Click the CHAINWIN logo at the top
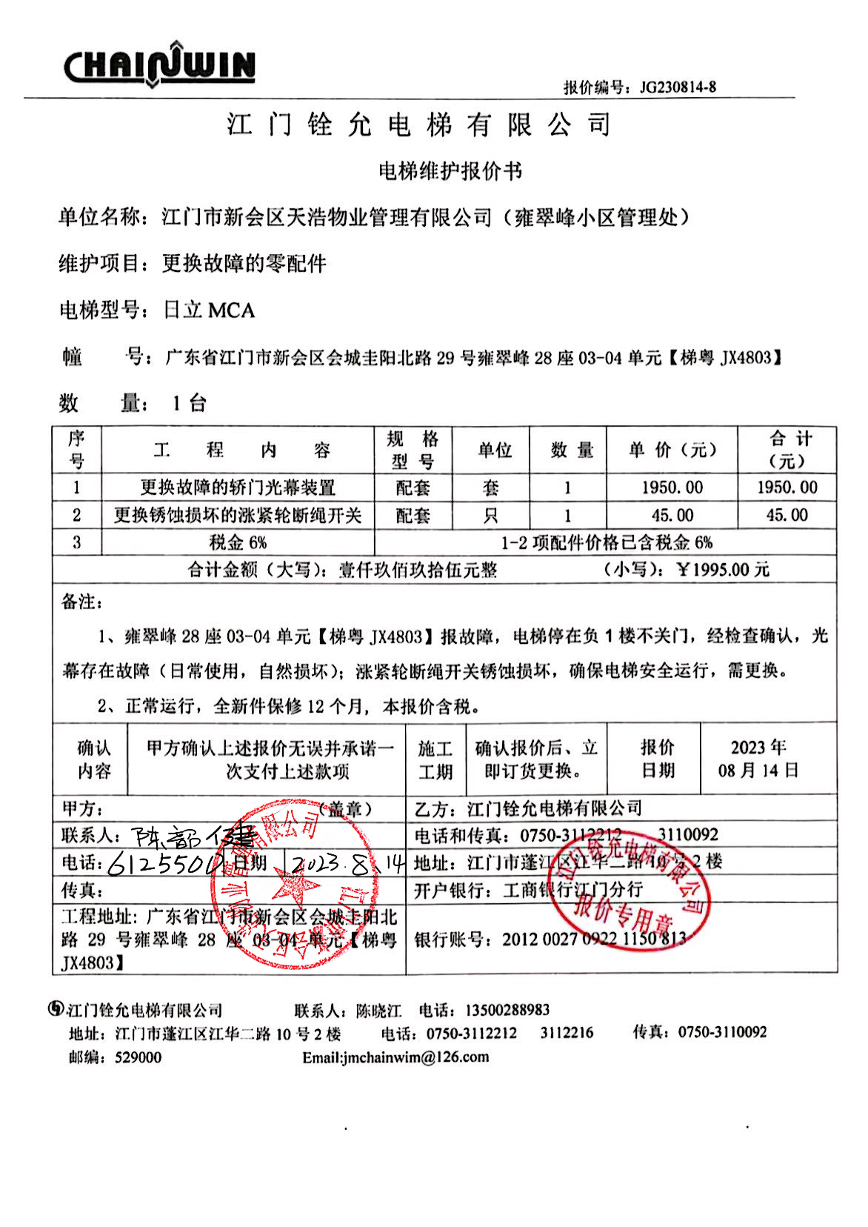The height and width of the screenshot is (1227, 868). coord(159,65)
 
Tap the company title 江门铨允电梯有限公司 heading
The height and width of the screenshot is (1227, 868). coord(419,124)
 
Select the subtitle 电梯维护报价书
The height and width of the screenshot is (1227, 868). coord(450,171)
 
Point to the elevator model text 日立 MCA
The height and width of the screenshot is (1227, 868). coord(209,310)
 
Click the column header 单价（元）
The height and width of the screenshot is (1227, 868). coord(672,450)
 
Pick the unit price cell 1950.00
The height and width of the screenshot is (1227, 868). coord(672,488)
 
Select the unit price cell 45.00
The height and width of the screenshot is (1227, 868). coord(672,515)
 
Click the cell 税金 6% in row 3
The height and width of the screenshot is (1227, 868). coord(238,542)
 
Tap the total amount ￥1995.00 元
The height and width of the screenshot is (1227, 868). coord(723,570)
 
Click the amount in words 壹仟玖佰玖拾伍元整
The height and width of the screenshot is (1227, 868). coord(418,570)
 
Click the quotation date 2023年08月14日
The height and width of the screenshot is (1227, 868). coord(758,759)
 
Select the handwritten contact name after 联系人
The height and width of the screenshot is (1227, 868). coord(193,837)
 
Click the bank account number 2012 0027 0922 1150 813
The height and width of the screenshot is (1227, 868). coord(594,940)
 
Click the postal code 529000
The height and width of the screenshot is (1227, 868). coord(138,1057)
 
